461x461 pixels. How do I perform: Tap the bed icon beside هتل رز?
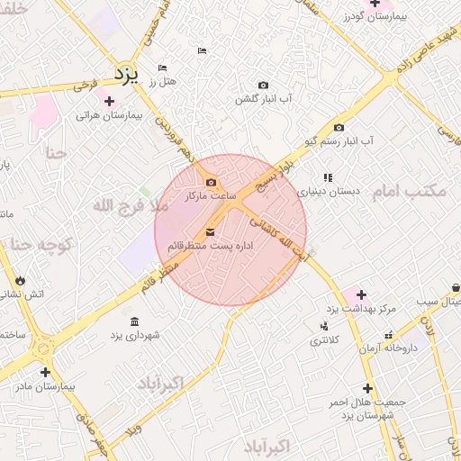[162, 68]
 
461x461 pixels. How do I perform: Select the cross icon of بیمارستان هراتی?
[110, 101]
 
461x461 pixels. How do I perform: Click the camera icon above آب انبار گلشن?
[262, 85]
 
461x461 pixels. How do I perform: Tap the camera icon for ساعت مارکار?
[212, 183]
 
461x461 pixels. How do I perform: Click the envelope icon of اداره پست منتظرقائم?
[211, 232]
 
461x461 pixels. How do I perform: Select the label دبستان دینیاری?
[330, 192]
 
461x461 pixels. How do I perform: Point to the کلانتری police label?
[325, 340]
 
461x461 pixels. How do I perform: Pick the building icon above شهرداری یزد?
[134, 321]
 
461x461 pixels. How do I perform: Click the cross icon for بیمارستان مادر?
[45, 371]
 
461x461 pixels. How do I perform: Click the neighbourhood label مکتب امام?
[421, 191]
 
